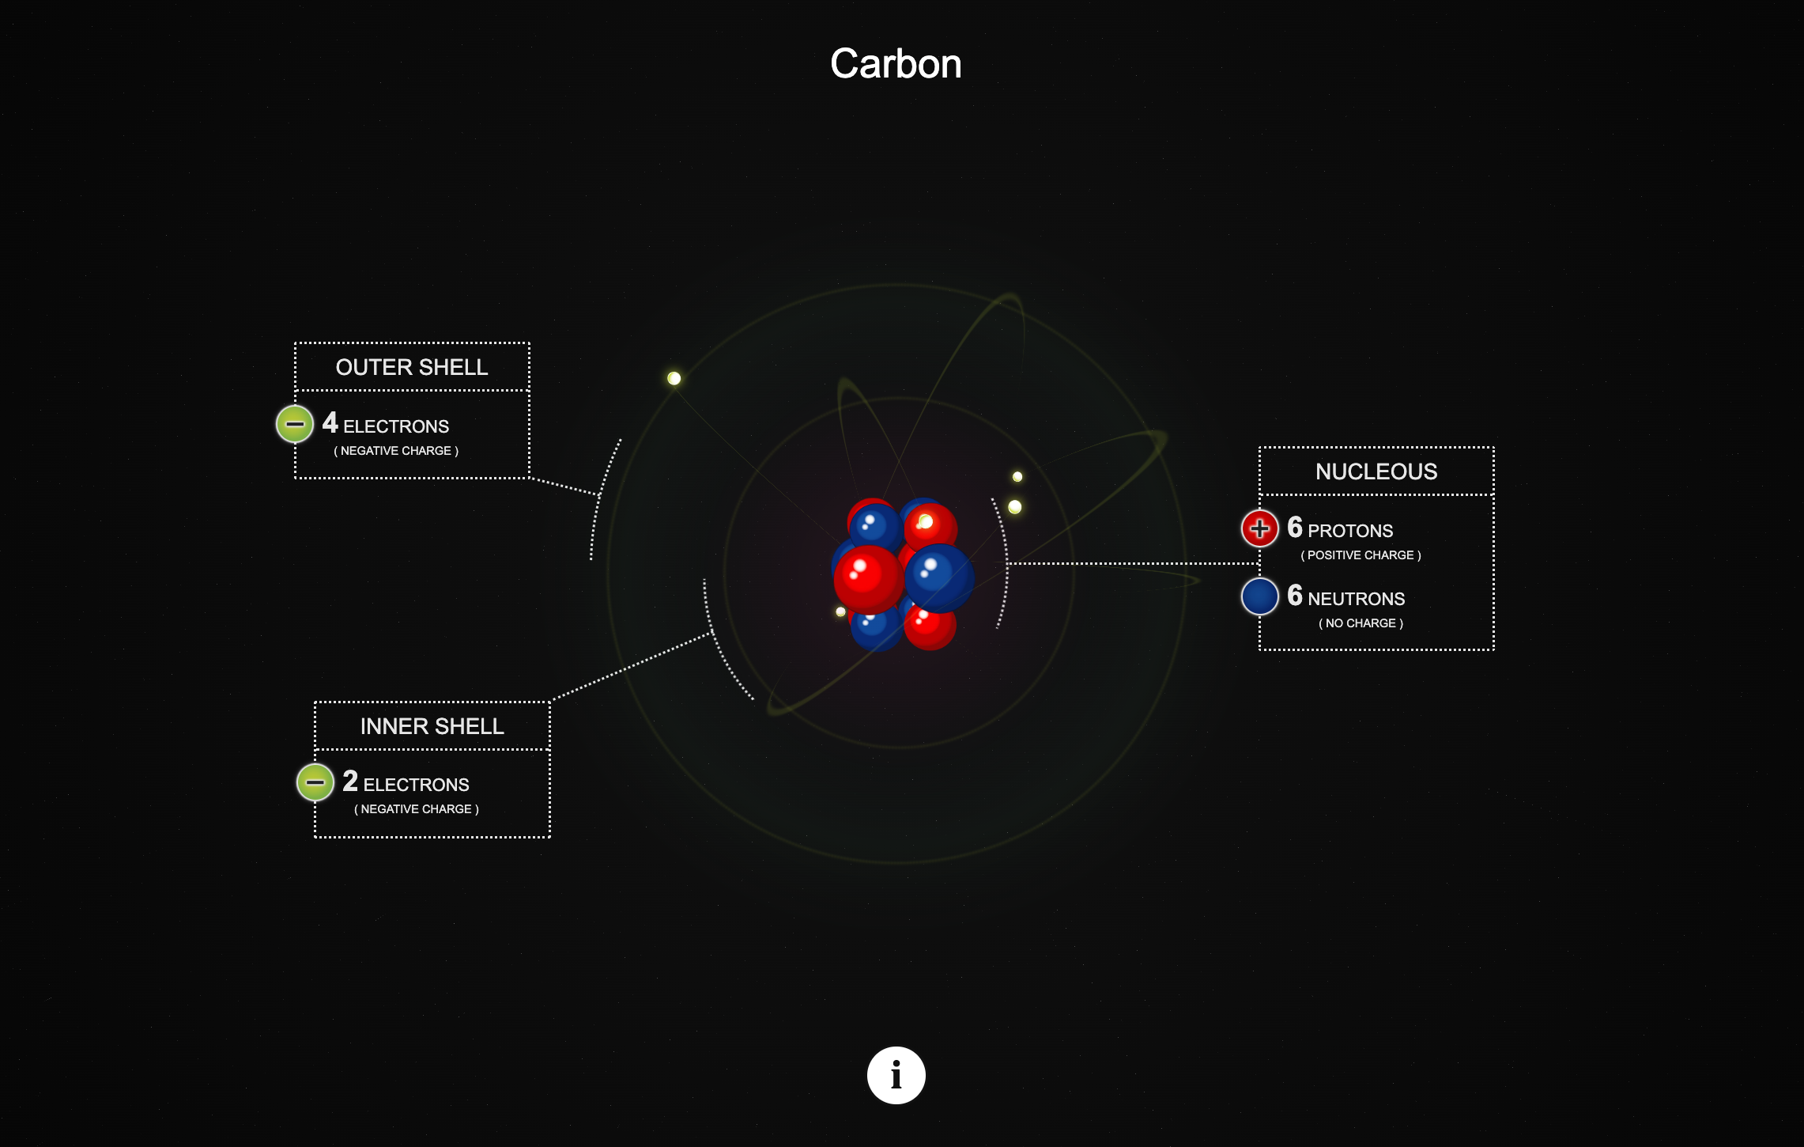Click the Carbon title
pos(896,64)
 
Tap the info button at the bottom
pos(896,1075)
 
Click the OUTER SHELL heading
pos(412,367)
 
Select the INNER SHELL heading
pos(432,726)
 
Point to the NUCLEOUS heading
pos(1376,471)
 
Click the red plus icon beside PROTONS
pos(1259,528)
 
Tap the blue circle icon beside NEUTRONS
pos(1259,596)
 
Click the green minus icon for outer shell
pos(295,424)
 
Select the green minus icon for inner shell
pos(315,782)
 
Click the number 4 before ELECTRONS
pos(330,423)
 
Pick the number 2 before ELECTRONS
pos(350,782)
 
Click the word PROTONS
pos(1350,531)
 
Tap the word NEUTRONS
pos(1357,599)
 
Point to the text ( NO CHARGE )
pos(1361,623)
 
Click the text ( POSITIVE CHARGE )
pos(1361,555)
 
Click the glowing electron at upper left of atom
pos(674,378)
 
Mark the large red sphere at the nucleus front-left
pos(867,577)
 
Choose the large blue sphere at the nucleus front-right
pos(940,577)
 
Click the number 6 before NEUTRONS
pos(1294,595)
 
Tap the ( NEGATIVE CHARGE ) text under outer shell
pos(396,451)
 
